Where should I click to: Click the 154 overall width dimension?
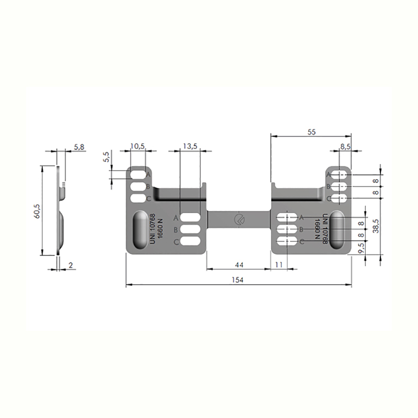click(x=238, y=280)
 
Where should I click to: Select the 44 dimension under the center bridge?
click(x=239, y=265)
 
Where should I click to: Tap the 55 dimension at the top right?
click(x=311, y=132)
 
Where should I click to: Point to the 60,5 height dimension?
click(x=37, y=211)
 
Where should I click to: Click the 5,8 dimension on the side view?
click(x=79, y=147)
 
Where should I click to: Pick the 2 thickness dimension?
click(x=71, y=265)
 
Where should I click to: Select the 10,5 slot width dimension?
click(x=137, y=146)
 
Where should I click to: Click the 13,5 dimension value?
click(x=190, y=146)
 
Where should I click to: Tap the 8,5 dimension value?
click(x=345, y=147)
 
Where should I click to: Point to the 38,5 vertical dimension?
click(x=376, y=226)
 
